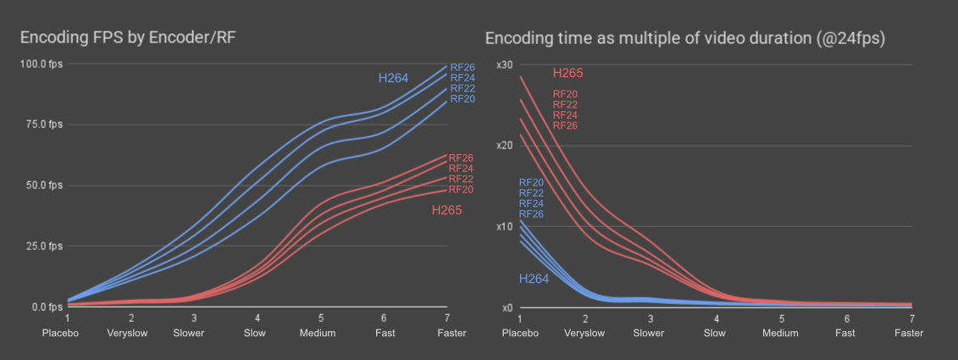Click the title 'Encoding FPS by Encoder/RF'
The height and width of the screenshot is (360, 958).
point(133,37)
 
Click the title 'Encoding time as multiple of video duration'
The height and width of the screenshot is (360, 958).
point(684,39)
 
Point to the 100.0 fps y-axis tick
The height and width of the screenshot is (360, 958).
point(42,64)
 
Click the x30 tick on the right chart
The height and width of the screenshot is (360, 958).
point(506,65)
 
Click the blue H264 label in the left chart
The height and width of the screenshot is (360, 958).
point(393,79)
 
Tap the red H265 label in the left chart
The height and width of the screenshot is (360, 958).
point(446,210)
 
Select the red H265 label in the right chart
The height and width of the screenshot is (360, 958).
point(568,74)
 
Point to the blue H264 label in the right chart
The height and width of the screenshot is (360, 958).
point(534,279)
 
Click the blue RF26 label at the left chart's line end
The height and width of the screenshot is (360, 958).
point(462,67)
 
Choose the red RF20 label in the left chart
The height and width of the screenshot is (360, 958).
point(462,190)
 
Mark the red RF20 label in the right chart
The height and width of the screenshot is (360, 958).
point(565,94)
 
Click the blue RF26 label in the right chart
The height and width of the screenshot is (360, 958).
point(531,214)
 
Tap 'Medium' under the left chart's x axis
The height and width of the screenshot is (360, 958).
point(317,333)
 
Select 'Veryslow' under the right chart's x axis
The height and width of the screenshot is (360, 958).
point(584,333)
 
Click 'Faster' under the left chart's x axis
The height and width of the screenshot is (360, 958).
point(451,333)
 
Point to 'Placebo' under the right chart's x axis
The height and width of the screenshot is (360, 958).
point(520,333)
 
